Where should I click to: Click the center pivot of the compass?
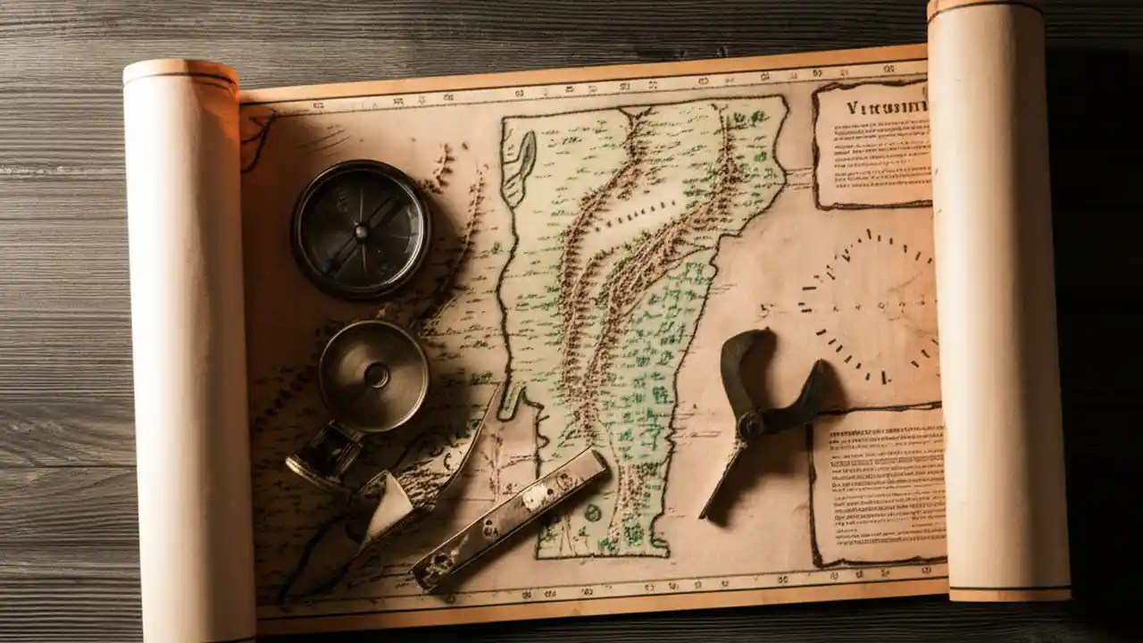point(361,231)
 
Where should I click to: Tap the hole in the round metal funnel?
point(377,375)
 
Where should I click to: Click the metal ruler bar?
point(509,520)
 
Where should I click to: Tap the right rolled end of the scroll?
point(997,304)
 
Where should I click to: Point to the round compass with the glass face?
point(361,230)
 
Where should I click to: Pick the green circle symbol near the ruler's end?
point(592,512)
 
